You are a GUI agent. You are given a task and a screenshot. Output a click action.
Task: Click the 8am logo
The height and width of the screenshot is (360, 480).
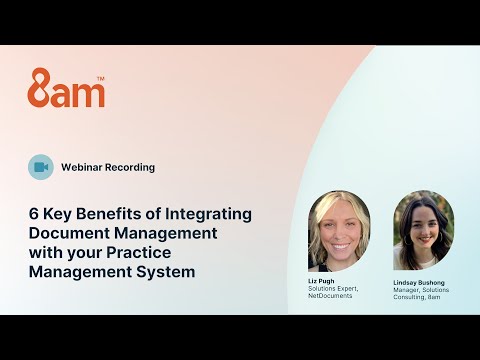[65, 88]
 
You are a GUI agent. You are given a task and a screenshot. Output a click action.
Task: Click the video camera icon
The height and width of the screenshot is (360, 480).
[41, 167]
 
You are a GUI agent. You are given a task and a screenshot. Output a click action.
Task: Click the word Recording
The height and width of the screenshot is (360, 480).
[132, 167]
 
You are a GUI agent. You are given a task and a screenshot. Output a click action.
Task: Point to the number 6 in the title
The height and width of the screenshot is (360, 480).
[33, 214]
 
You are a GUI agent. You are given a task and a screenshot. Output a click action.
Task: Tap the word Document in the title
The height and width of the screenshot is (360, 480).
[66, 233]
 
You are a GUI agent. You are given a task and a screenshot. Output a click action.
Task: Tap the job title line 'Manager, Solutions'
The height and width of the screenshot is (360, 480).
[420, 290]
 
